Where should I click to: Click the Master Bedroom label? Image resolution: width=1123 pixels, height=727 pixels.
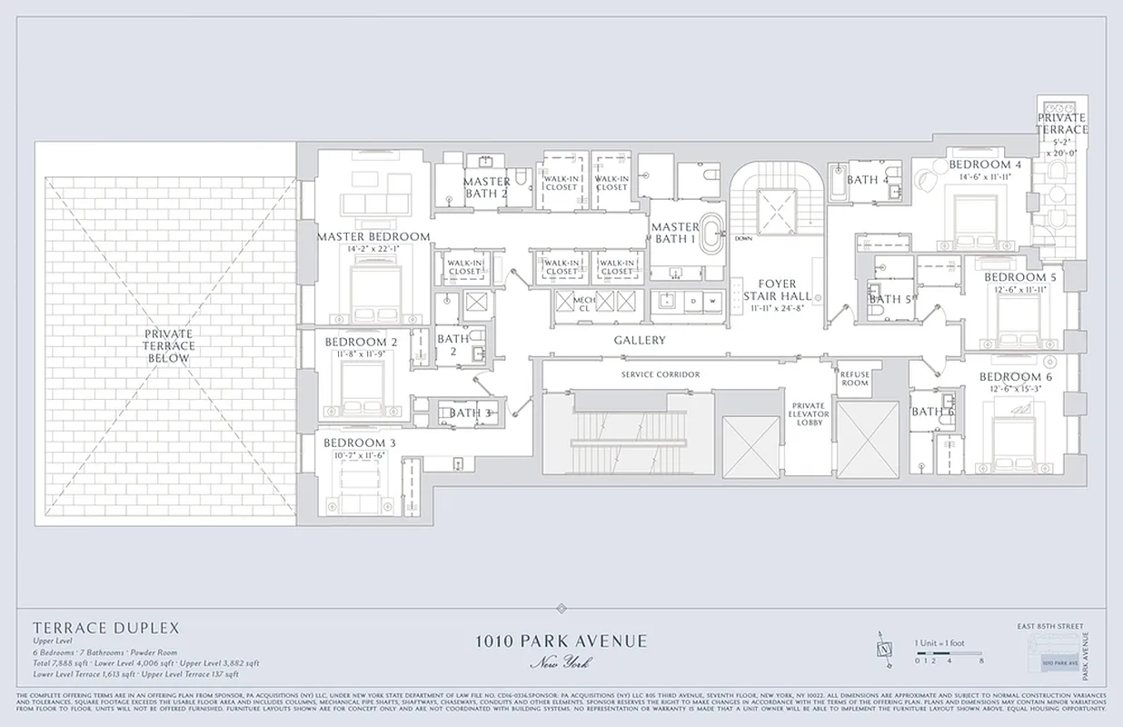pos(373,236)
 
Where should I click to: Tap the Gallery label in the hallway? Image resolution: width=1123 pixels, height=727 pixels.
pos(640,340)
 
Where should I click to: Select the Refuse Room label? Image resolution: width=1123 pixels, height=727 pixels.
pos(854,378)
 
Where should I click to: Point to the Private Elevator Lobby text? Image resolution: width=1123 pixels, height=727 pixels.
pos(809,413)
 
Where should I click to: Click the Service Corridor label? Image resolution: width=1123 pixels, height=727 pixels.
pos(661,374)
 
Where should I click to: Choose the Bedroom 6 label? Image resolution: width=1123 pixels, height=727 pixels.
pos(1016,376)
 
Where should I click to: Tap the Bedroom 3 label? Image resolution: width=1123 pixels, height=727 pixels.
pos(360,443)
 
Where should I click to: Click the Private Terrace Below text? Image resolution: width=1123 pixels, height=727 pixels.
pos(167,346)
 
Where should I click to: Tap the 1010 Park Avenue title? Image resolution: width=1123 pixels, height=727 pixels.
pos(561,641)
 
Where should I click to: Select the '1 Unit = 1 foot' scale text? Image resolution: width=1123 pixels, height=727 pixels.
pos(939,643)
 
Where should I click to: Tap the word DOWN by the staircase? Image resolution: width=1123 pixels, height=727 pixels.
pos(743,239)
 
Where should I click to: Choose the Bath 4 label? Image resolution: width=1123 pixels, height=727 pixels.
pos(868,180)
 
